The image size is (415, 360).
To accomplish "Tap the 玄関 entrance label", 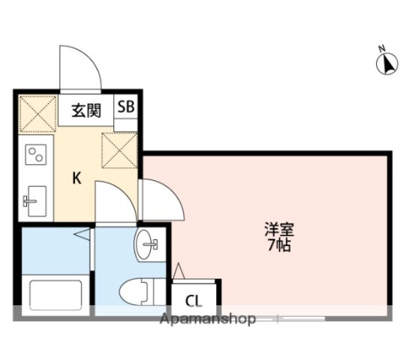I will [x=86, y=111].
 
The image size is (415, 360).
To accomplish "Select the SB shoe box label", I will [x=125, y=106].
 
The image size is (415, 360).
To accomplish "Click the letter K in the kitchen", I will [x=77, y=178].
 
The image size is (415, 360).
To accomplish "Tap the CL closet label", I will [x=194, y=301].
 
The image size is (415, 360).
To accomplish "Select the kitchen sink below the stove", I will [x=35, y=200].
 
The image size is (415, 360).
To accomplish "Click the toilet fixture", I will [x=140, y=290].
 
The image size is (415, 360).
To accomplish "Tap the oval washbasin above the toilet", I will [x=149, y=243].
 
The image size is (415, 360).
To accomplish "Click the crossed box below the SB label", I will [x=118, y=149].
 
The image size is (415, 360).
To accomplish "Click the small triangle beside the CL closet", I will [x=179, y=270].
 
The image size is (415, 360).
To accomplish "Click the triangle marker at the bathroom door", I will [x=82, y=236].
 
